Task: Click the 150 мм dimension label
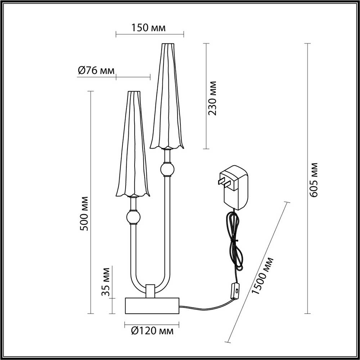pos(149,28)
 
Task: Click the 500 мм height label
pos(84,214)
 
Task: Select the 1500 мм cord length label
pos(263,276)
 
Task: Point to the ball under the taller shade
pos(167,169)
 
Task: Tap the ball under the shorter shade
pos(133,217)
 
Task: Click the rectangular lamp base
pos(152,305)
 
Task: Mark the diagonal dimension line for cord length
pos(257,272)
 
